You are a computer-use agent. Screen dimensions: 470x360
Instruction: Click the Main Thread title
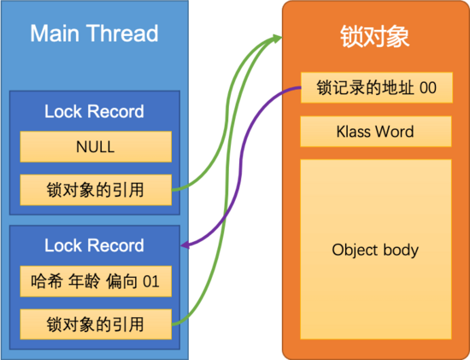coord(94,33)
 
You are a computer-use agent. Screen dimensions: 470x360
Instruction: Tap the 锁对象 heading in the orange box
coord(374,36)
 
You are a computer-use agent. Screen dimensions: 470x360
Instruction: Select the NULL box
coord(96,147)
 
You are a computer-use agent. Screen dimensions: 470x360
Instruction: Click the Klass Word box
coord(376,132)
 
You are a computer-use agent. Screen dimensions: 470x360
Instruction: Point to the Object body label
coord(375,251)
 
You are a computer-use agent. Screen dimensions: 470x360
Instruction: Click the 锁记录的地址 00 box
coord(377,87)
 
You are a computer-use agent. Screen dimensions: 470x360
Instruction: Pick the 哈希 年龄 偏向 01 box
coord(96,281)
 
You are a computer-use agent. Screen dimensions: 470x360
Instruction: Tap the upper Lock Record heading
coord(94,112)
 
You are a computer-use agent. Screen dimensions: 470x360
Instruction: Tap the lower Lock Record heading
coord(94,245)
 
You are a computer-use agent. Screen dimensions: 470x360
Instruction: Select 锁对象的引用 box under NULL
coord(96,190)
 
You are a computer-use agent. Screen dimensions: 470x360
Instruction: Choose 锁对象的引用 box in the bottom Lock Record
coord(96,324)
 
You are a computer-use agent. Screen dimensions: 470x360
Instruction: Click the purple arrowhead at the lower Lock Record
coord(185,245)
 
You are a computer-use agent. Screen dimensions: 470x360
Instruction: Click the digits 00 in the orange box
coord(428,88)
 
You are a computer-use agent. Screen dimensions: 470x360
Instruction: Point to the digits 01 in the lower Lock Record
coord(150,281)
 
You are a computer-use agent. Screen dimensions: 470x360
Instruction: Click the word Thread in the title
coord(122,33)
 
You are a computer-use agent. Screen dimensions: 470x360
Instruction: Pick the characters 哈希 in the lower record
coord(46,281)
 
